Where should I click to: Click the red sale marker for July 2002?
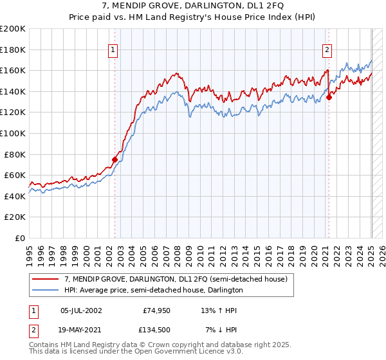tap(115, 159)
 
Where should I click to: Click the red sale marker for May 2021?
tap(329, 97)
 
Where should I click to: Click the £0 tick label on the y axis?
tap(21, 238)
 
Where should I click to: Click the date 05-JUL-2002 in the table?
tap(80, 310)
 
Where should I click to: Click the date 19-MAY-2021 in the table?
tap(80, 329)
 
